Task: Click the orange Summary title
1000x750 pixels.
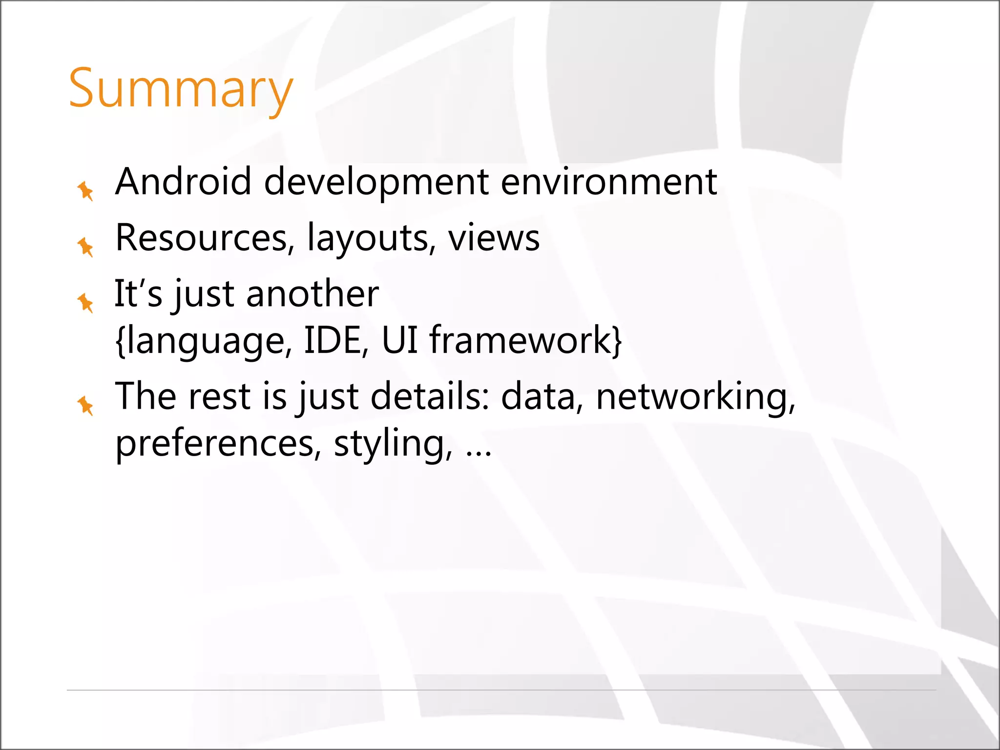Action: tap(181, 89)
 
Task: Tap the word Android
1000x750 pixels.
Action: tap(183, 182)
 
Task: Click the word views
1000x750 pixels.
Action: tap(494, 238)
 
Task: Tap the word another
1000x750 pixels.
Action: tap(312, 294)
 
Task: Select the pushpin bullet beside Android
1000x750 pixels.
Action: tap(85, 190)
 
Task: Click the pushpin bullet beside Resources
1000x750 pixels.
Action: tap(85, 247)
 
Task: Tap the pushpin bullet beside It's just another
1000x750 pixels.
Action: tap(85, 303)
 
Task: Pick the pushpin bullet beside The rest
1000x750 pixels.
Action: tap(85, 405)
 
